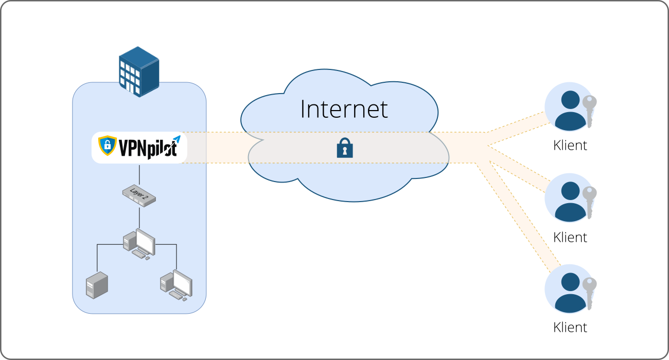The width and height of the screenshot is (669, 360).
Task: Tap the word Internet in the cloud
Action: [344, 109]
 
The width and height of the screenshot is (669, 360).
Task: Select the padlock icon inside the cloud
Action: [345, 149]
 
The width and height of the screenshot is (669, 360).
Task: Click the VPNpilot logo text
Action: [148, 148]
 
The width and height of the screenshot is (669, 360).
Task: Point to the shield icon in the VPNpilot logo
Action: [108, 146]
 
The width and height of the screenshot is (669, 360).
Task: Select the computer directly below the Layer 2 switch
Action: [139, 243]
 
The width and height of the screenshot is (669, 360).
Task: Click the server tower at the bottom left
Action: [97, 285]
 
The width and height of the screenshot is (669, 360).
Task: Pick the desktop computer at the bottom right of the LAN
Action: [176, 285]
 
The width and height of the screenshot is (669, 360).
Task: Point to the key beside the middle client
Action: [590, 202]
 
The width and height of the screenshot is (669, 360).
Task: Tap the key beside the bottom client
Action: [590, 292]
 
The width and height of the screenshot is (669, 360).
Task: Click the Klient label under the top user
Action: [570, 146]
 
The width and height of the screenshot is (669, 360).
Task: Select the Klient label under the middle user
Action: [570, 237]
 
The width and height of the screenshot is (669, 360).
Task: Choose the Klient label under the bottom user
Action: [570, 327]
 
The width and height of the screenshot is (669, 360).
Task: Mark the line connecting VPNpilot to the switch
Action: [139, 175]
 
